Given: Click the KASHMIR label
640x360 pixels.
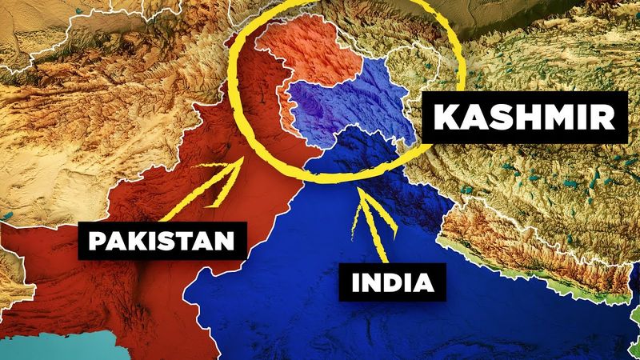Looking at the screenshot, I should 524,121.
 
